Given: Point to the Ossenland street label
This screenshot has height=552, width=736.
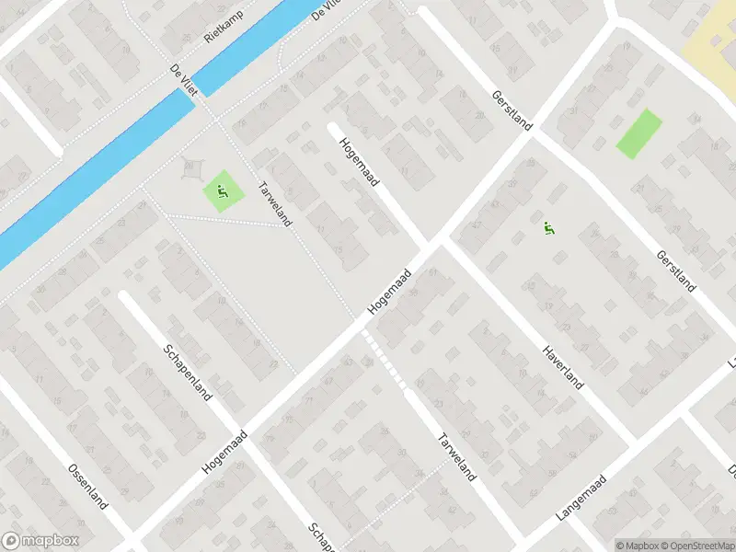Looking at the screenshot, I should tap(88, 488).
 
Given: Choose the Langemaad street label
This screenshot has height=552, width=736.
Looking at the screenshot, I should tap(581, 498).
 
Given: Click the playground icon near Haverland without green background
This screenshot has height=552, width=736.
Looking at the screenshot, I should tap(549, 230).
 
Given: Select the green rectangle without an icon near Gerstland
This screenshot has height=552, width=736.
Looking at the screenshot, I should tap(638, 133).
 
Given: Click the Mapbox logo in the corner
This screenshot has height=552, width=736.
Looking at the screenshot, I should tap(40, 541).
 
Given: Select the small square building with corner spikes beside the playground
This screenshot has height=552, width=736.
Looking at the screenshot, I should tap(192, 169).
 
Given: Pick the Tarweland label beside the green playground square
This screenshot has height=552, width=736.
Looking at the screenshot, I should tap(276, 203).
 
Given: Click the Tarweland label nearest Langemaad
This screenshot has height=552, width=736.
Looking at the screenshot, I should tap(457, 456).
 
